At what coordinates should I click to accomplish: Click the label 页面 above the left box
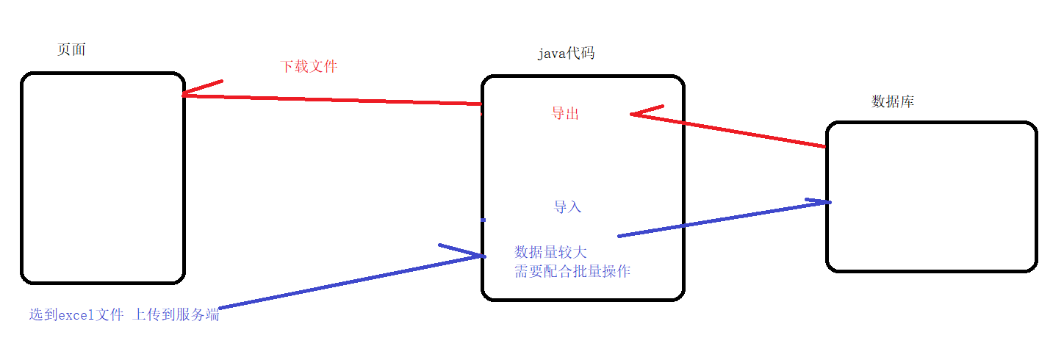(71, 49)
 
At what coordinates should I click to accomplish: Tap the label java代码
(565, 54)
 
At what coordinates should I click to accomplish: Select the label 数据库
(892, 102)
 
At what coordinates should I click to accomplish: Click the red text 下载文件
(309, 66)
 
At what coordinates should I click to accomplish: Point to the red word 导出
(565, 113)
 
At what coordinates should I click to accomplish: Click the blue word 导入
(567, 207)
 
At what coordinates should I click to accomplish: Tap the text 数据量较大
(550, 252)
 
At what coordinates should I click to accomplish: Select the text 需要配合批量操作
(572, 271)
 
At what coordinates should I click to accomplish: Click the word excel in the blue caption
(76, 316)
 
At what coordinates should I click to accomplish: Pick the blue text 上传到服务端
(176, 316)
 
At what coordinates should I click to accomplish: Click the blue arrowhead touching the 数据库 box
(820, 201)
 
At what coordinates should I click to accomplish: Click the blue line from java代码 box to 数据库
(720, 219)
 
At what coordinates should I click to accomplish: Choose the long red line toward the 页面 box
(331, 99)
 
